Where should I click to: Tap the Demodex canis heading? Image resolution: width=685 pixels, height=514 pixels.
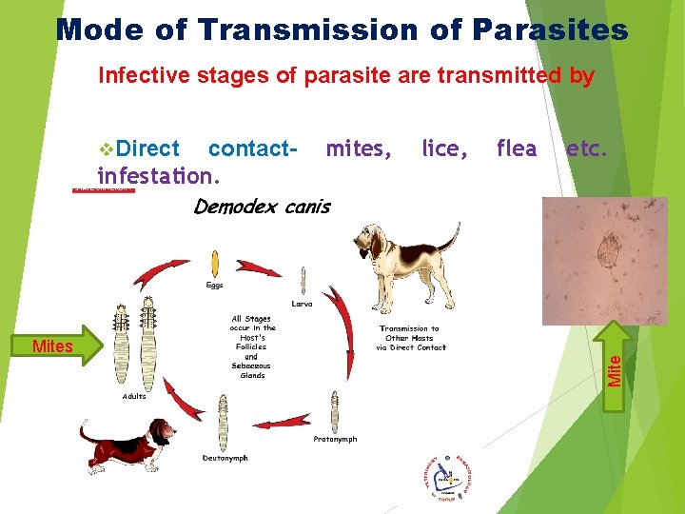point(262,208)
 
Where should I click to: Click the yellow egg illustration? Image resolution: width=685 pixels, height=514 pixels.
point(215,263)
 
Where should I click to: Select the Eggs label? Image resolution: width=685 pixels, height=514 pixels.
point(216,285)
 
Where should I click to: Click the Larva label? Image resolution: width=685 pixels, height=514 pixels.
point(302,304)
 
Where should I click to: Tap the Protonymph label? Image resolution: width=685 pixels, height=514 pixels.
point(335,439)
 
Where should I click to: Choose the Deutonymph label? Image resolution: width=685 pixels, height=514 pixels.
point(225,458)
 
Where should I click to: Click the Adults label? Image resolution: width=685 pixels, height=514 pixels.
point(133,396)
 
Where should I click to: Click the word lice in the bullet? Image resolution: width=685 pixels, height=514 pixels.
point(443,148)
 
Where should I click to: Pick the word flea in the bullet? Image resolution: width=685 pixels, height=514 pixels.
point(517,148)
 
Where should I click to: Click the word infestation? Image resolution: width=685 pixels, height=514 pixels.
point(158,175)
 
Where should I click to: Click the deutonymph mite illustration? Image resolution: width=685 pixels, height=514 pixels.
point(225,419)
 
